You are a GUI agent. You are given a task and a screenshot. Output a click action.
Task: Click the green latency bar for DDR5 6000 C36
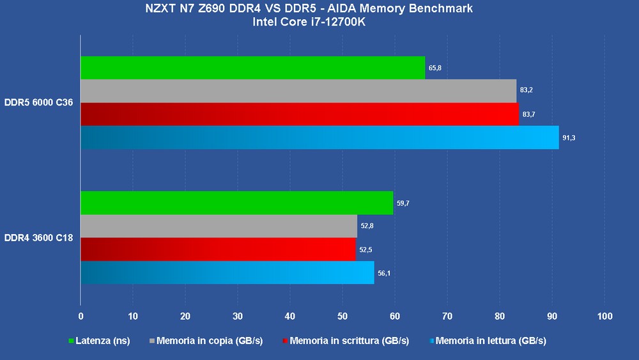tap(252, 68)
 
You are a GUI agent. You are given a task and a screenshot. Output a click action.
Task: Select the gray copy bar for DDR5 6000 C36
tap(298, 91)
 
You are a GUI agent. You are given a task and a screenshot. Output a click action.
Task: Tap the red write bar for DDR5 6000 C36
tap(300, 114)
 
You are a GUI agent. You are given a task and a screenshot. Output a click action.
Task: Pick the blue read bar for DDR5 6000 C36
tap(319, 137)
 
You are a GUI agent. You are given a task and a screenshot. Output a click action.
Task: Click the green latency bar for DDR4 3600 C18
tap(236, 203)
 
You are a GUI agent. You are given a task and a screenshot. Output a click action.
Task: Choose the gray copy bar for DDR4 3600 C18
tap(219, 226)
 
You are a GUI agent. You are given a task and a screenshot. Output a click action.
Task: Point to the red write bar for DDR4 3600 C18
tap(218, 249)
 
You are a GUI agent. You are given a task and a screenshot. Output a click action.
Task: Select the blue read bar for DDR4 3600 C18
tap(227, 272)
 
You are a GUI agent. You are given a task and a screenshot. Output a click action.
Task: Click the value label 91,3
tap(569, 138)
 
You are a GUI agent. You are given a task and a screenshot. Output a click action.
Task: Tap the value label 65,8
tap(435, 67)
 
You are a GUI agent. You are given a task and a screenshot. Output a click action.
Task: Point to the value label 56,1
tap(384, 273)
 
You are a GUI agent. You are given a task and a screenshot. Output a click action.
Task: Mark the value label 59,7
tap(403, 203)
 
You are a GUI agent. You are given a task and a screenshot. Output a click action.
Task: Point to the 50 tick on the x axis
tap(342, 316)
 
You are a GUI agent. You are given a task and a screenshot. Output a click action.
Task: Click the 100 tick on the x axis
tap(604, 316)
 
